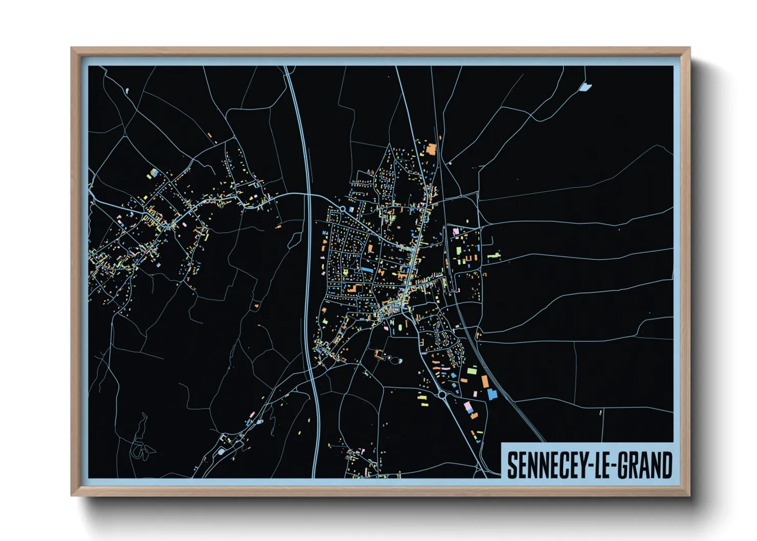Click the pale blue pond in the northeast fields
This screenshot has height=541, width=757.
[585, 87]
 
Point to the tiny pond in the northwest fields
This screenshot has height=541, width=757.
[127, 92]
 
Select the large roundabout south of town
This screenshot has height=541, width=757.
[442, 395]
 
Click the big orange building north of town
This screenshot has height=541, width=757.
[431, 149]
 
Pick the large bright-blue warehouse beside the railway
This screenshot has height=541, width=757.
[492, 394]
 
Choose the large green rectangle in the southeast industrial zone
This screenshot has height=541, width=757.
[472, 371]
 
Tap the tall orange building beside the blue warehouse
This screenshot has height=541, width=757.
[484, 381]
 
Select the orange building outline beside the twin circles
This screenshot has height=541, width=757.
[380, 353]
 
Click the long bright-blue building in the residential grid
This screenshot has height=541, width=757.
[367, 269]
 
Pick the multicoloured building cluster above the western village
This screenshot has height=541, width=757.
[153, 174]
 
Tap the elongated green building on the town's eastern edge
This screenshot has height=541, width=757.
[494, 254]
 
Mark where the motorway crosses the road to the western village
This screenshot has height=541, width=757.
[308, 194]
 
